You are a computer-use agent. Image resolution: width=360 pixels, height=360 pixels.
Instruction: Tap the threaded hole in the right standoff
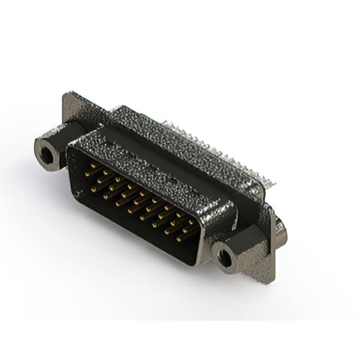(225, 258)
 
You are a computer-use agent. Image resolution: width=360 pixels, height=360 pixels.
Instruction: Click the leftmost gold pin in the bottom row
(93, 190)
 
